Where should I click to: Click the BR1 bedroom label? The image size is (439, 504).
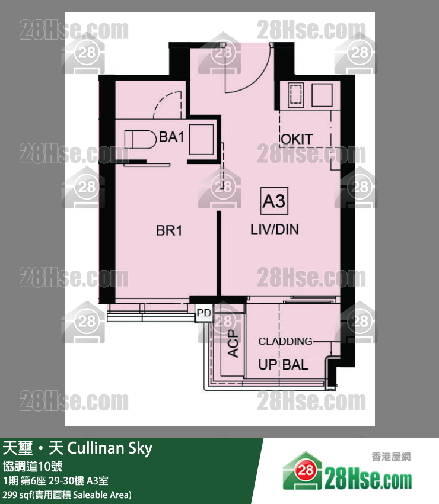tap(169, 231)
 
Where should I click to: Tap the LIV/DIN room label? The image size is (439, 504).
tap(275, 230)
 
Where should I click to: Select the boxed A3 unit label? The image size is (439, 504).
tap(274, 201)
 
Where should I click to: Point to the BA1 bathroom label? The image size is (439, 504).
tap(171, 137)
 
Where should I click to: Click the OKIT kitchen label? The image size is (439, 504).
tap(297, 139)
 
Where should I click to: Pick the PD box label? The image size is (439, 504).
tap(204, 313)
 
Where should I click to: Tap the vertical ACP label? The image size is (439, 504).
tap(233, 344)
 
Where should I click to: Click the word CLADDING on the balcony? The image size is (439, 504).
tap(285, 341)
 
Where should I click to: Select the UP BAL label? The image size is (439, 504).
tap(283, 365)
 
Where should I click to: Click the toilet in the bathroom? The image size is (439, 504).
tap(140, 140)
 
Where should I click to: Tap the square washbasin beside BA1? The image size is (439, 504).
tap(202, 140)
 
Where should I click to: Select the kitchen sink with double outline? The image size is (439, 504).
tap(296, 95)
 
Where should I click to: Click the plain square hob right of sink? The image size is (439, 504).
tap(322, 95)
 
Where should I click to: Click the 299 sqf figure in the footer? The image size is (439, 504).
tap(16, 495)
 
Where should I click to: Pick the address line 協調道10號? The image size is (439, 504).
tap(33, 466)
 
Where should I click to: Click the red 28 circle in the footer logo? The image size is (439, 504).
tap(305, 471)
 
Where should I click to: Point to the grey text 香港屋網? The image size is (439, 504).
tap(392, 457)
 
